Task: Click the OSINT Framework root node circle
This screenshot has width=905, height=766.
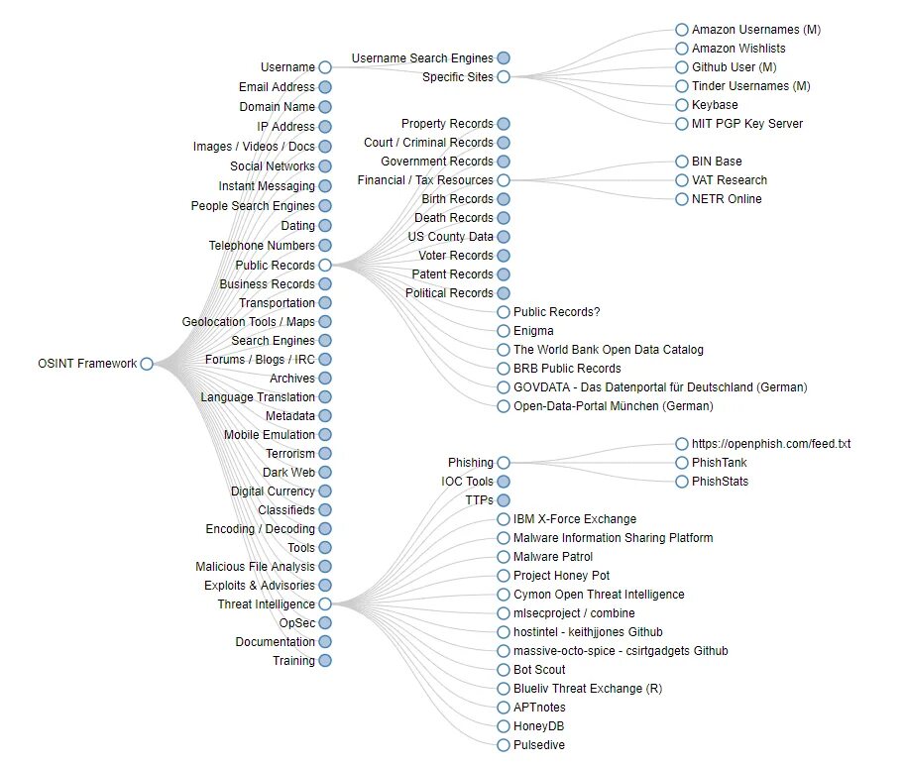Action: coord(147,364)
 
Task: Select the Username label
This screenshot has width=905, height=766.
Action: coord(287,67)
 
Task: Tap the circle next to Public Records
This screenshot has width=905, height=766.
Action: coord(325,266)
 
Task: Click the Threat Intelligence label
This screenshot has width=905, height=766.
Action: coord(266,604)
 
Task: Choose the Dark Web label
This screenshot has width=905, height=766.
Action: coord(288,473)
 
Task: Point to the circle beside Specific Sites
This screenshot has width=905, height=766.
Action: coord(504,77)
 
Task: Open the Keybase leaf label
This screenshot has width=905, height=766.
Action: coord(715,105)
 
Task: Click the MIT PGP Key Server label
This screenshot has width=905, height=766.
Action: coord(747,124)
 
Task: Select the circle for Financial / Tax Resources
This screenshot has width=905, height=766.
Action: coord(504,180)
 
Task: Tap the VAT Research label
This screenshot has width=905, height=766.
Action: coord(730,180)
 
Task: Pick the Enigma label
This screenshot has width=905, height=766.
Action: coord(533,331)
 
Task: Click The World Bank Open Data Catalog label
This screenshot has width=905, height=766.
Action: coord(609,350)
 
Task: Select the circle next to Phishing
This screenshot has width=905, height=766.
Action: coord(504,463)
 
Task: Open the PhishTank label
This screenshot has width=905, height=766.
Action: coord(720,463)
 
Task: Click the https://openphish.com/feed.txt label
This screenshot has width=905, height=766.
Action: coord(771,444)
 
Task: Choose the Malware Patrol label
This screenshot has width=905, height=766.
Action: coord(553,557)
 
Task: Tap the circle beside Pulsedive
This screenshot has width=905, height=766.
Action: coord(504,745)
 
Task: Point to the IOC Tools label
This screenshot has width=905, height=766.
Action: coord(467,482)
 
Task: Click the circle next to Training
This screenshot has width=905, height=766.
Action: coord(325,661)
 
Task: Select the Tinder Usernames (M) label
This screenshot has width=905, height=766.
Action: coord(750,86)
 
